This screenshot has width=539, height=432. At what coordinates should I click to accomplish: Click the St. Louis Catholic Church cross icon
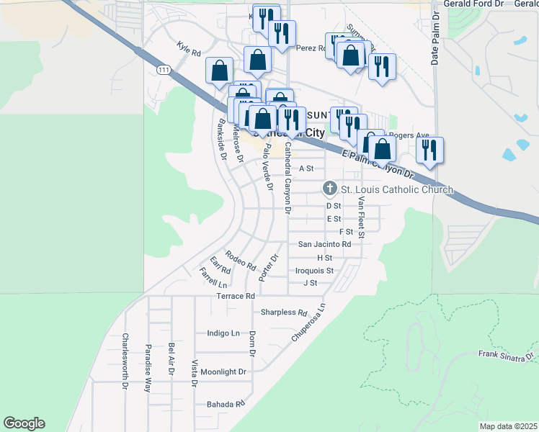point(330,189)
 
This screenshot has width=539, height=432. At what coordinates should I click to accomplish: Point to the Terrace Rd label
point(236,296)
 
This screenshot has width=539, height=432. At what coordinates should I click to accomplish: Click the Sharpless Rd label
point(284,312)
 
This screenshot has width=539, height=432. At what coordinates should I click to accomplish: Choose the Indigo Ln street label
point(223,333)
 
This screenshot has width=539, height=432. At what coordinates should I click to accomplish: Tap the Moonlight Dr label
point(223,372)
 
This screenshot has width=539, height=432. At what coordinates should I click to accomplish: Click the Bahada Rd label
point(225,404)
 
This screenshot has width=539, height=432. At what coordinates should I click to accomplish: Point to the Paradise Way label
point(148,367)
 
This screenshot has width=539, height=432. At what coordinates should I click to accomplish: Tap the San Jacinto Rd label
point(324,245)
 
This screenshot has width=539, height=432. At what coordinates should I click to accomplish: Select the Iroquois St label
point(315,271)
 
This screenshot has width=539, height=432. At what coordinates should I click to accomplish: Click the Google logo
point(24,423)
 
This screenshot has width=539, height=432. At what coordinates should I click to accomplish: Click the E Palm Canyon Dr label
point(378,165)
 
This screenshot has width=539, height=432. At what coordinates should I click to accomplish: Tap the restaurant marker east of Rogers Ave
point(429,150)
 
